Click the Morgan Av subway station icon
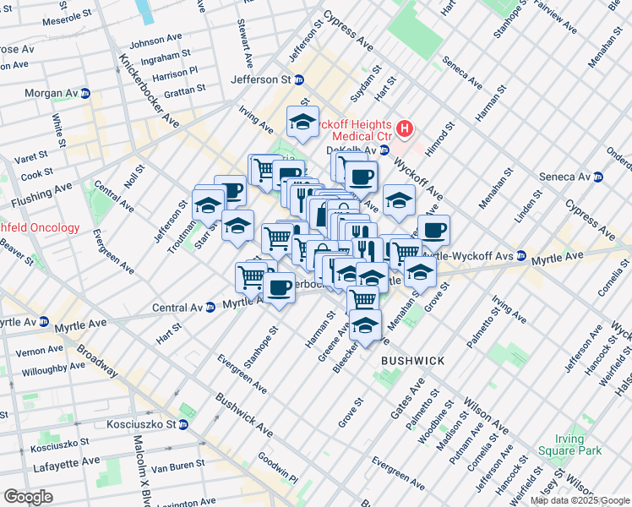coord(85,94)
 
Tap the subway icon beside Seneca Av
coord(598,177)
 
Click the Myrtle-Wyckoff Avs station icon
coord(522,255)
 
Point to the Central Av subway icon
coord(210,308)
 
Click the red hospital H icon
coord(405,129)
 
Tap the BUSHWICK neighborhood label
coord(412,361)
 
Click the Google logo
coord(28,497)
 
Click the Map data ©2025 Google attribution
coord(580,500)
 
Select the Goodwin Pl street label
coord(278,467)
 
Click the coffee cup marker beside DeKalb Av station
coord(362,177)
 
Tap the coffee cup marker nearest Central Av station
coord(278,287)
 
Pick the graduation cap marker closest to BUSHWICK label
coord(365,325)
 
